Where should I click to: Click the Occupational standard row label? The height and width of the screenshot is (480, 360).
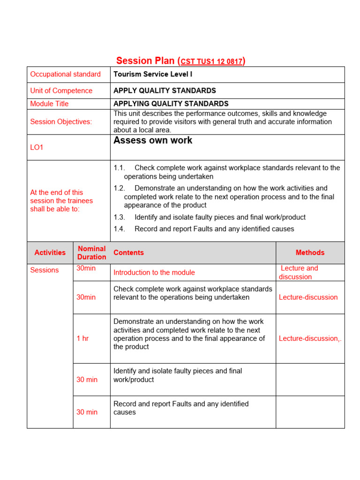point(65,74)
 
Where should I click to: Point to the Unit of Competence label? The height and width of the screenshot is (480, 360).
point(61,90)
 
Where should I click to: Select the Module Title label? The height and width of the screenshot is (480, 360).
point(49,104)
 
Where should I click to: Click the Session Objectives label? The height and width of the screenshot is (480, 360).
point(61,122)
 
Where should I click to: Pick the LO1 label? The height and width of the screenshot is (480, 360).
point(37,147)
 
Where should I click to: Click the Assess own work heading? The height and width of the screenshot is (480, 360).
point(153,141)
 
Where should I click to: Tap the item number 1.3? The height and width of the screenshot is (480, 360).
point(119,217)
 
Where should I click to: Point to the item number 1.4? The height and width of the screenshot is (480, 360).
point(119,229)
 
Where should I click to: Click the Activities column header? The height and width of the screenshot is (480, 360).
point(50,253)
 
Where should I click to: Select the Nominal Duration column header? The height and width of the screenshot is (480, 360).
point(91,253)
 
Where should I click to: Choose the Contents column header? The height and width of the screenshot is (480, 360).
point(128,253)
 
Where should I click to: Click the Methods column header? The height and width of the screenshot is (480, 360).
point(310,253)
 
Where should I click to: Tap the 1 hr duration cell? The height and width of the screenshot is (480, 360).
point(82,338)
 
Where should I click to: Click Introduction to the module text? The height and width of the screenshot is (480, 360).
point(154,272)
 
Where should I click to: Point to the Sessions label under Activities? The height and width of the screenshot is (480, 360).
point(45,270)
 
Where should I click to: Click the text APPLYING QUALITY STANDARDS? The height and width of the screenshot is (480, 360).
point(171,104)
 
